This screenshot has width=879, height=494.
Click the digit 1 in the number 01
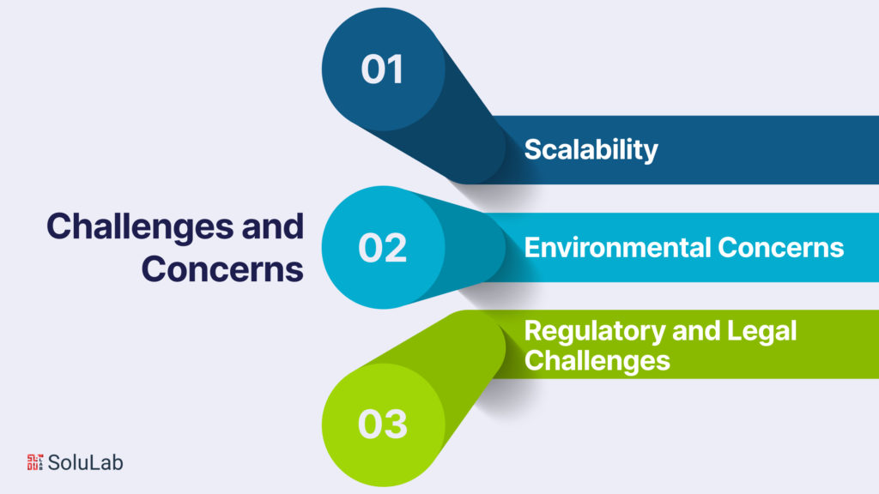[395, 69]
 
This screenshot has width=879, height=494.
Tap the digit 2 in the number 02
[395, 248]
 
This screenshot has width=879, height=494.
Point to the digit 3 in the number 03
[396, 424]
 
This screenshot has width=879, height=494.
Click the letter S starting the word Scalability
[534, 149]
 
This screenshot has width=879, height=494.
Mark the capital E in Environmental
[532, 247]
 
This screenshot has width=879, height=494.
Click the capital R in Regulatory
[533, 331]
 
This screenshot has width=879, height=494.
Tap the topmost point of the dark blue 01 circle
[384, 7]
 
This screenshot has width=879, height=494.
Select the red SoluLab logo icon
[34, 462]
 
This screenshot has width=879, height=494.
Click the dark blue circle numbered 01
[384, 69]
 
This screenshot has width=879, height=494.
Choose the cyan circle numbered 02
[384, 247]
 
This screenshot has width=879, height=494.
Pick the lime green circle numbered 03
[384, 425]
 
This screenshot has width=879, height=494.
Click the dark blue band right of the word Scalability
[768, 150]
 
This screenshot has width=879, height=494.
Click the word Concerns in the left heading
[222, 269]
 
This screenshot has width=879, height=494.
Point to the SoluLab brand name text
[85, 462]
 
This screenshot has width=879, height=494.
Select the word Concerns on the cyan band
[781, 248]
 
